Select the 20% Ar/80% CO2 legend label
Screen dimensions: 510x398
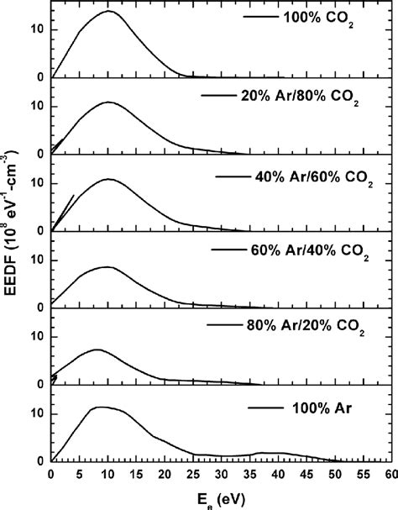[302, 99]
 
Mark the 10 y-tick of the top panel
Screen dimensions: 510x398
[37, 29]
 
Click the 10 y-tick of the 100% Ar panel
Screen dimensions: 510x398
[37, 413]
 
